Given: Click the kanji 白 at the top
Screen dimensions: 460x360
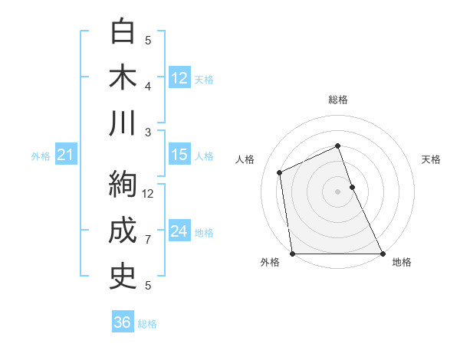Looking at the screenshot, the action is [x=123, y=32].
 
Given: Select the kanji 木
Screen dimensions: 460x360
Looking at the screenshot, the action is [x=123, y=78].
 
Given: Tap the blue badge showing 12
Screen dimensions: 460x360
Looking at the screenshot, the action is [x=179, y=78].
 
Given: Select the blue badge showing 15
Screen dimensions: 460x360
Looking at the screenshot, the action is [x=179, y=155].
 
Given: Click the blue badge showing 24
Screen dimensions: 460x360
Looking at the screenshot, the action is [x=179, y=232].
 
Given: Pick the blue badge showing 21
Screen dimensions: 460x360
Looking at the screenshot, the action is [x=65, y=155].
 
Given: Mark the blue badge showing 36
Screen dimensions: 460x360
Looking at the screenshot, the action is [x=122, y=322].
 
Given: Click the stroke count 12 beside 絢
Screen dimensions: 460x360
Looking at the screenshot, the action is [x=149, y=194].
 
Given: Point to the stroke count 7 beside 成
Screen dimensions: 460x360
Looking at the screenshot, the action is [x=148, y=240].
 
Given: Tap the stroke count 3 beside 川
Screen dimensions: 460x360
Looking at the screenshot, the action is [x=148, y=132].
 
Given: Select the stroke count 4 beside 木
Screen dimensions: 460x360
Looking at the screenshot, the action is [x=148, y=86].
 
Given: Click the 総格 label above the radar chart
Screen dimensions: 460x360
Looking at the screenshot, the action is [x=338, y=100].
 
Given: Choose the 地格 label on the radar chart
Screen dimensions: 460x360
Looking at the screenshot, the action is [x=402, y=262].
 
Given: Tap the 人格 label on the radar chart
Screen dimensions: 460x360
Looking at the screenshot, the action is [x=245, y=159].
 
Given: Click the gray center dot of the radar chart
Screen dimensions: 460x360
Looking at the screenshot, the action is [x=338, y=191].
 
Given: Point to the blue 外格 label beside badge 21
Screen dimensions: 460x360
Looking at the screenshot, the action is [x=41, y=156].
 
